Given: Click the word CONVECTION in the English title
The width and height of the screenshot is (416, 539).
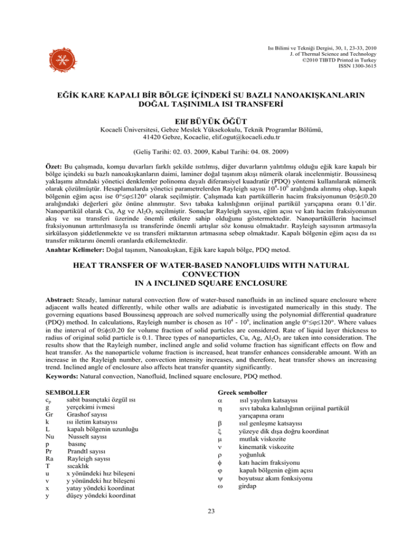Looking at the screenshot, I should pos(208,274).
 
